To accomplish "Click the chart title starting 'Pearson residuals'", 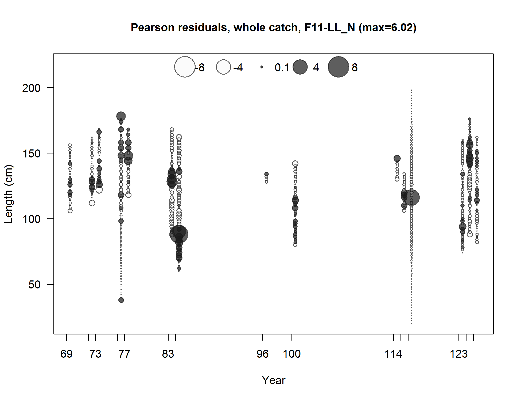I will (x=273, y=28).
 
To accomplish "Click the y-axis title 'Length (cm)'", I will (x=9, y=194).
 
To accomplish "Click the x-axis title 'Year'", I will (x=273, y=380).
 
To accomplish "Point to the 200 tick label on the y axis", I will (x=31, y=88).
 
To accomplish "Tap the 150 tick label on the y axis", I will (x=31, y=153).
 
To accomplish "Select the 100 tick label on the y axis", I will (x=31, y=219).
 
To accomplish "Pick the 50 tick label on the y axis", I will (x=34, y=285).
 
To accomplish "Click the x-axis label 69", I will (x=67, y=354).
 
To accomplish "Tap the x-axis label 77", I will (x=125, y=354).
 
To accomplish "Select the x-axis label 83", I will (x=168, y=354).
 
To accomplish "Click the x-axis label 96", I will (x=263, y=354).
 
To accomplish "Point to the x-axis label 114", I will (x=393, y=354).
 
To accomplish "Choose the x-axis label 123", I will (x=459, y=354).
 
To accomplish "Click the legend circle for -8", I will (x=185, y=67).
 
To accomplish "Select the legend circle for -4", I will (x=223, y=67).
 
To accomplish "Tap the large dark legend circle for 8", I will (x=339, y=67).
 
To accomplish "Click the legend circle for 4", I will (x=300, y=67).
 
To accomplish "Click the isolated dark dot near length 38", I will (x=121, y=300).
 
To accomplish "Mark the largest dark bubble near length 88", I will (x=179, y=234).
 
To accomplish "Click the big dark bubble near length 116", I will (x=411, y=198).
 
